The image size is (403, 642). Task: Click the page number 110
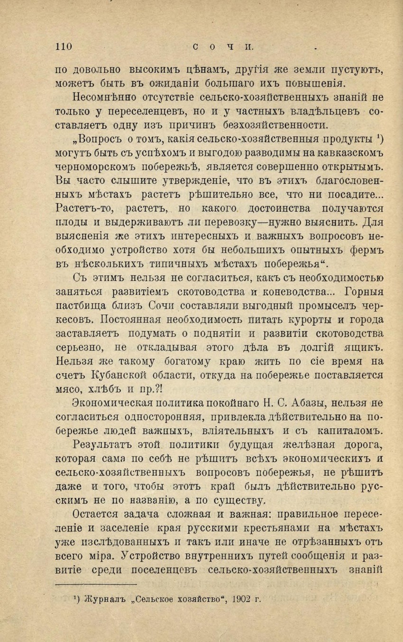[x=63, y=47]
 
